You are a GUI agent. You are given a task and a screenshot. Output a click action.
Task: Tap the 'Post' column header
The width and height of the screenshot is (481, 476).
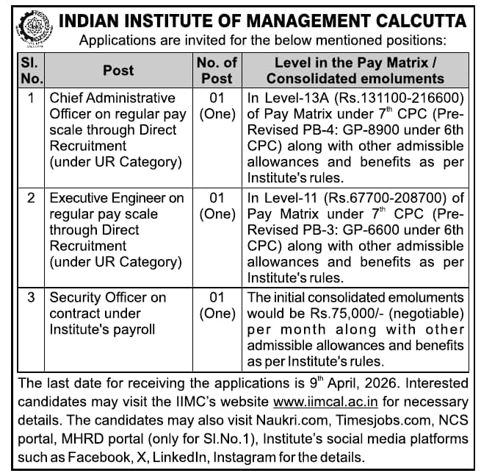118,70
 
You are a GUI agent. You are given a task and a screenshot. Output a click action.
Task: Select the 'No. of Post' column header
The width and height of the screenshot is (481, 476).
217,70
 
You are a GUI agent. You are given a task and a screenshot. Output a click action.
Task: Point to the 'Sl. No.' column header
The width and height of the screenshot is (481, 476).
31,70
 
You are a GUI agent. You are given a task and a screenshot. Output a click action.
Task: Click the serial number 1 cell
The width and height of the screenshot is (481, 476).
32,98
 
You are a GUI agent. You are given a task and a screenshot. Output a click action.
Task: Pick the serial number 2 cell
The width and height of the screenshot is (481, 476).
32,198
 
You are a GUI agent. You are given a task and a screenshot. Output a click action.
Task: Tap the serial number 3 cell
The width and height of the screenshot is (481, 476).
32,298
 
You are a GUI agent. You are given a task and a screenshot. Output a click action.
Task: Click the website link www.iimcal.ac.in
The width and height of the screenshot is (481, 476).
325,402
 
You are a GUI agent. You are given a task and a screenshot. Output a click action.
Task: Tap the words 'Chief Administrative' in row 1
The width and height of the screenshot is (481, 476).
112,98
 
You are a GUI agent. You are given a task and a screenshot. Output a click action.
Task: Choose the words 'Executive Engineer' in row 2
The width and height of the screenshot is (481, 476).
107,198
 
